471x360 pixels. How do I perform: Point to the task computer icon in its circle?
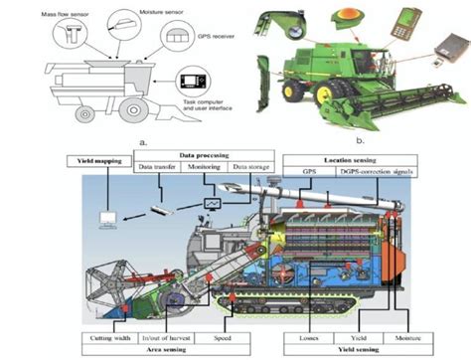(192, 82)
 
